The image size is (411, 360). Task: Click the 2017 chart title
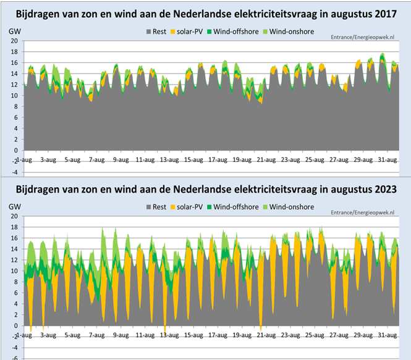tap(205, 14)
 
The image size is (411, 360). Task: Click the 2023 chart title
tap(205, 189)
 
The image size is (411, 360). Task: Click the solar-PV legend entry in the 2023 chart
tap(190, 207)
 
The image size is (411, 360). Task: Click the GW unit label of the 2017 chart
tap(14, 31)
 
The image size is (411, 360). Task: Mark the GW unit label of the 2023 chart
tap(14, 207)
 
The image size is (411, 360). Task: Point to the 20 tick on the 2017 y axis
tap(13, 41)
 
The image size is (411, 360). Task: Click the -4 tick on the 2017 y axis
tap(13, 172)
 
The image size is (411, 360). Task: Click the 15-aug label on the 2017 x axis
tap(192, 159)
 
